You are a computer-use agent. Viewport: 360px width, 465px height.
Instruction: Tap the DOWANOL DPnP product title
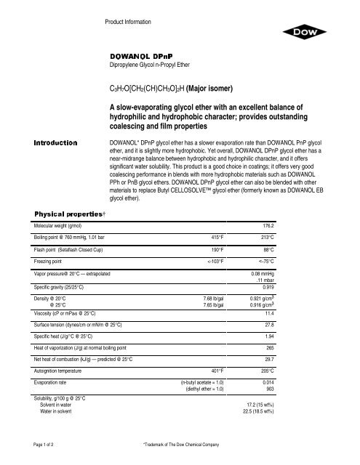[140, 55]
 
